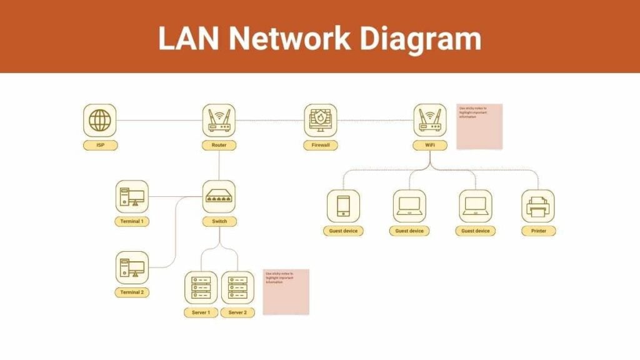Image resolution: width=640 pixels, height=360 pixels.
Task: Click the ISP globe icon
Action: click(99, 120)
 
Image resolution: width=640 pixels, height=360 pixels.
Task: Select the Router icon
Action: click(219, 120)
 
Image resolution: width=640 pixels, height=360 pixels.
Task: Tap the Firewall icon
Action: click(321, 120)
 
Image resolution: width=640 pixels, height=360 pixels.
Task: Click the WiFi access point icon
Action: click(430, 120)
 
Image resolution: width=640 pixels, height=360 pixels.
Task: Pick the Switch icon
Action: click(219, 197)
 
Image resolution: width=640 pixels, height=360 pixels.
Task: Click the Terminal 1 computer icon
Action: click(132, 197)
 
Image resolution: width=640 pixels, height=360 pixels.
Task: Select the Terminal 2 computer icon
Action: click(132, 267)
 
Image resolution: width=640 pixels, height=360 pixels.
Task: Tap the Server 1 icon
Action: click(201, 287)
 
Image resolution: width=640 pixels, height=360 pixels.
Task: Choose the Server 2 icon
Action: click(237, 287)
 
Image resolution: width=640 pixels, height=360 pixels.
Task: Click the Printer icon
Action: click(538, 206)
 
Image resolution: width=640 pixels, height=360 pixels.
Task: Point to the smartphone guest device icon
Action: click(343, 206)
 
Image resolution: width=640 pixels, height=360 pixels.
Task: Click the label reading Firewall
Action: click(321, 146)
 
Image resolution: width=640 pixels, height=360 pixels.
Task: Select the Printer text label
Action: click(538, 231)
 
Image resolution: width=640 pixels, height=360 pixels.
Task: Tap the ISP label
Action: click(100, 146)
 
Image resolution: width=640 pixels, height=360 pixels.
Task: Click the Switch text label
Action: click(219, 222)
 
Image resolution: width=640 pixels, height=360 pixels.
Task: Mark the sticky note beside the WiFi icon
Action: click(479, 127)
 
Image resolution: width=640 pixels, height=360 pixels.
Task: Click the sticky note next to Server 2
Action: click(286, 292)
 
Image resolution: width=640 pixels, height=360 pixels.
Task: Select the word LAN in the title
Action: click(186, 39)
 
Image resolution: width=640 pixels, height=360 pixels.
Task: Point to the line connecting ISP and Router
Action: click(159, 120)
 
